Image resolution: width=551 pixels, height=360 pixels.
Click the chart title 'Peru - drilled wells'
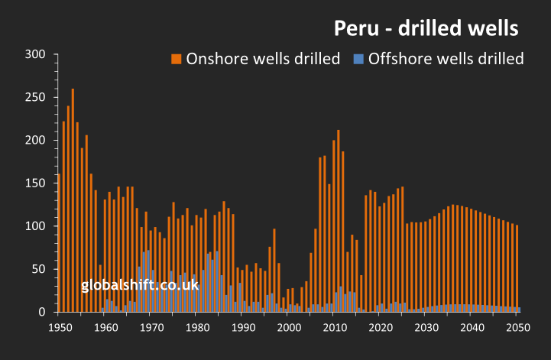tap(426, 28)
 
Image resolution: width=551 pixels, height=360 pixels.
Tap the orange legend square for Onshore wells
tap(176, 59)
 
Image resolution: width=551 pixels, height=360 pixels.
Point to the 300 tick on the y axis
tap(36, 54)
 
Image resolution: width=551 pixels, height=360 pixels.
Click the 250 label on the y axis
tap(36, 97)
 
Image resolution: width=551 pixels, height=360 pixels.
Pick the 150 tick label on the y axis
tap(36, 183)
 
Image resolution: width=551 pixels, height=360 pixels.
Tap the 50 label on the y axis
tap(39, 269)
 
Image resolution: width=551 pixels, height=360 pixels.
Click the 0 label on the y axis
tap(43, 312)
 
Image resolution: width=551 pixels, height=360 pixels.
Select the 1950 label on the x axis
tap(60, 327)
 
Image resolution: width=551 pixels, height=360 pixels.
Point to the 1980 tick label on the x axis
tap(197, 327)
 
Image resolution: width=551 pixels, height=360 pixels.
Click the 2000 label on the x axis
tap(289, 327)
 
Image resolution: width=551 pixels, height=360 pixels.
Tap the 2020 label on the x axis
tap(381, 327)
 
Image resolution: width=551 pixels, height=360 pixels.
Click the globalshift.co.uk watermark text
tap(140, 285)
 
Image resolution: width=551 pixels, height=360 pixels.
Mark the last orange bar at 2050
tap(517, 268)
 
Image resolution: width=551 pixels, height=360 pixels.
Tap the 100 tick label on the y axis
tap(36, 226)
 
